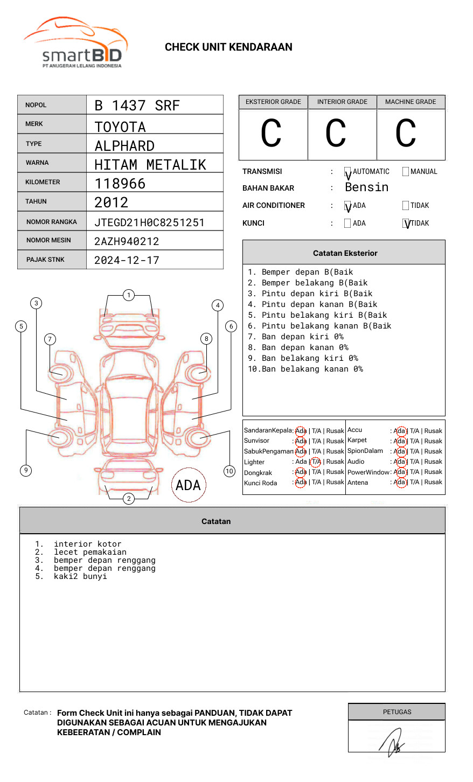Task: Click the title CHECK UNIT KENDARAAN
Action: [x=228, y=47]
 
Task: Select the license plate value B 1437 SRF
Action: [x=137, y=106]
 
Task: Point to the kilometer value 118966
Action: [x=120, y=184]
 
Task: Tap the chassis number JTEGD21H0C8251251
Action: [x=149, y=222]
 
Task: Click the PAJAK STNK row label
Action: [x=45, y=260]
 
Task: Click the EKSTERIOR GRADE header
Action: [x=273, y=102]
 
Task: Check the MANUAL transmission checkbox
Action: [x=406, y=172]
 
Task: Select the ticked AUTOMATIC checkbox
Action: [x=348, y=172]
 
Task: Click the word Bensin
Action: [x=366, y=187]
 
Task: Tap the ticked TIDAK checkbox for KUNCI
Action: [x=406, y=224]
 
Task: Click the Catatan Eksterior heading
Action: [x=345, y=253]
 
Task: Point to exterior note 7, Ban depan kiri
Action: [x=296, y=337]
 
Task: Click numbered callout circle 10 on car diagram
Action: [x=229, y=471]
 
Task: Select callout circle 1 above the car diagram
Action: [x=128, y=295]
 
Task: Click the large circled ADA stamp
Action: [x=188, y=485]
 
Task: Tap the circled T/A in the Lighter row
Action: [x=316, y=462]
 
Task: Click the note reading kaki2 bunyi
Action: [x=80, y=576]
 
